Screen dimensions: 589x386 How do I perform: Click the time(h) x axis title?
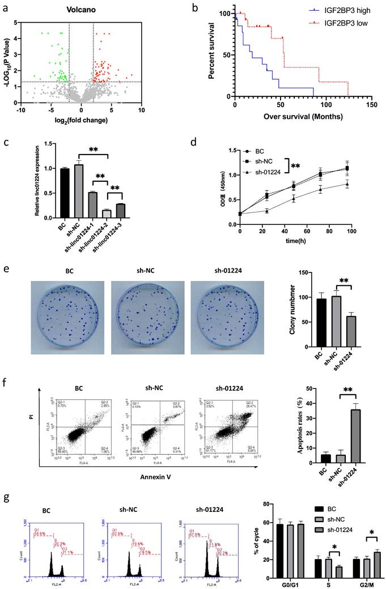coord(295,241)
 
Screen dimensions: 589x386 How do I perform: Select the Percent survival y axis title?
coord(212,54)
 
